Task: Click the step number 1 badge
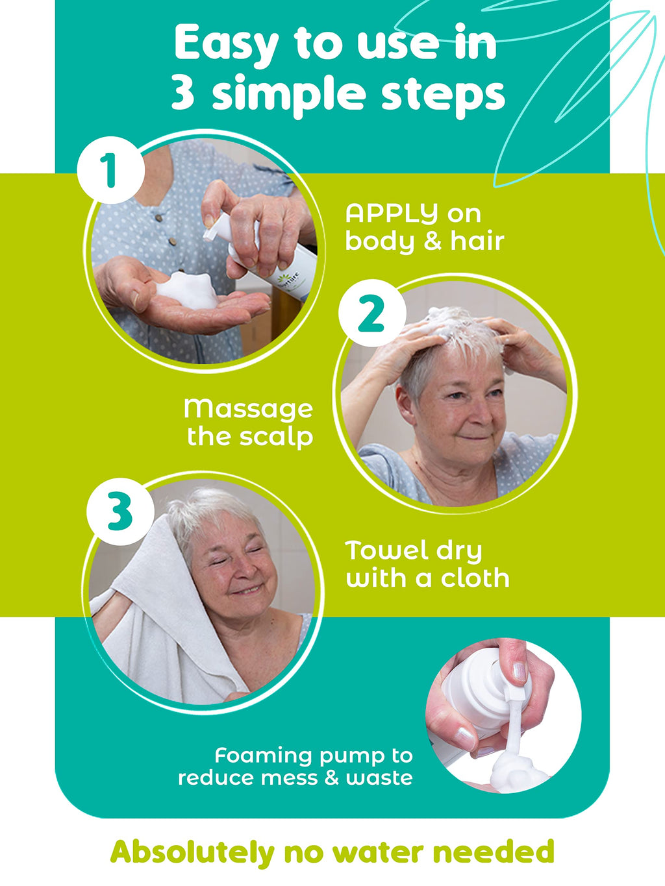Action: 110,169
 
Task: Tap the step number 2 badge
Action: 372,313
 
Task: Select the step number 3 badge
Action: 120,511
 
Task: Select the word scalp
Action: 277,437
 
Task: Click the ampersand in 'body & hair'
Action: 427,241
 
